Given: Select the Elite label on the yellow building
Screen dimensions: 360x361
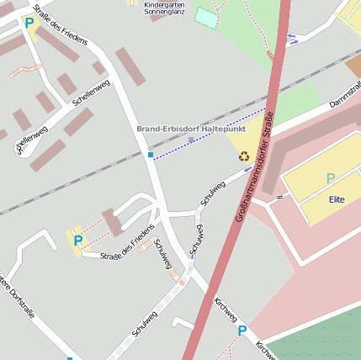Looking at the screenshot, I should click(x=337, y=199).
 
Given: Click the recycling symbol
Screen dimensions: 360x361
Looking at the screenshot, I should click(x=244, y=156).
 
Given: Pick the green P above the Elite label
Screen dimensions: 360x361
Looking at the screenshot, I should click(x=330, y=178).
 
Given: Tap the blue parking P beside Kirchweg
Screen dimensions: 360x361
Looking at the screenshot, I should click(x=242, y=331).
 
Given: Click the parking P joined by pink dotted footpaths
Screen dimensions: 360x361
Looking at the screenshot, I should click(x=77, y=241).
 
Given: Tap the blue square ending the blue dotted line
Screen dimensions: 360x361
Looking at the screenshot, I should click(x=151, y=155).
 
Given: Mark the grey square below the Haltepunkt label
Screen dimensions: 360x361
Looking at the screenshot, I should click(x=191, y=139).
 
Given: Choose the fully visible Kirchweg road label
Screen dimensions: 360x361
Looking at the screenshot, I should click(x=226, y=310).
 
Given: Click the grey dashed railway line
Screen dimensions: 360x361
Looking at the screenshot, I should click(x=84, y=180).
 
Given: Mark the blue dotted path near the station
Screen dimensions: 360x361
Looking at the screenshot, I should click(x=210, y=134).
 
